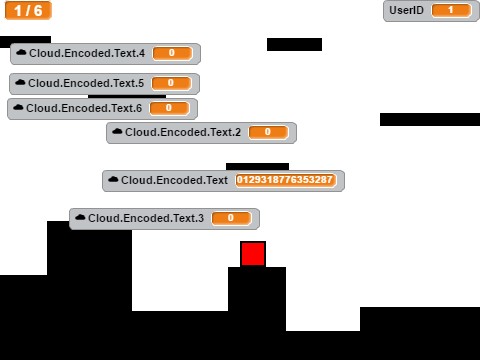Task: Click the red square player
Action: pyautogui.click(x=253, y=254)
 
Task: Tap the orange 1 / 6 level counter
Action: pyautogui.click(x=27, y=10)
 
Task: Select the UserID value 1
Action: pyautogui.click(x=451, y=10)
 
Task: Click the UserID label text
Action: pyautogui.click(x=407, y=10)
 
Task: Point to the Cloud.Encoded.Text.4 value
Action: pyautogui.click(x=172, y=53)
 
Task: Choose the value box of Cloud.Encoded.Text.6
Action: pyautogui.click(x=169, y=108)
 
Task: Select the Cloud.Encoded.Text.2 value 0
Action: pyautogui.click(x=268, y=132)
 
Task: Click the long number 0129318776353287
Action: pyautogui.click(x=285, y=180)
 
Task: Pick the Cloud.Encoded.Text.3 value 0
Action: pyautogui.click(x=231, y=218)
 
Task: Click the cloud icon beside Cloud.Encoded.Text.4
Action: pyautogui.click(x=21, y=53)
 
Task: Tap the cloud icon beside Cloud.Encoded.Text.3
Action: pyautogui.click(x=80, y=218)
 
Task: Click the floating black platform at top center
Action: pyautogui.click(x=294, y=44)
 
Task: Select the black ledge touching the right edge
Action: pyautogui.click(x=430, y=119)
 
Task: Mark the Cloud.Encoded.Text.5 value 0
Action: pyautogui.click(x=171, y=83)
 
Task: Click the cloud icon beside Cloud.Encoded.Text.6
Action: pyautogui.click(x=18, y=108)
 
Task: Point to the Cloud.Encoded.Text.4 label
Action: pyautogui.click(x=87, y=53)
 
